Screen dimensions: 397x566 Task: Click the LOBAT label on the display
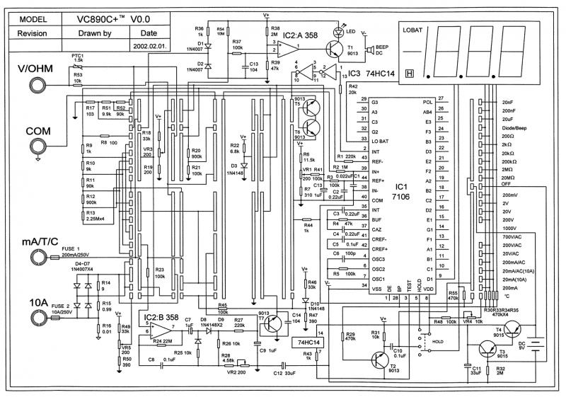(x=415, y=30)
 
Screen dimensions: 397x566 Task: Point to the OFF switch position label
(x=507, y=183)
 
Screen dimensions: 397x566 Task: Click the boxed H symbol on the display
(x=409, y=74)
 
